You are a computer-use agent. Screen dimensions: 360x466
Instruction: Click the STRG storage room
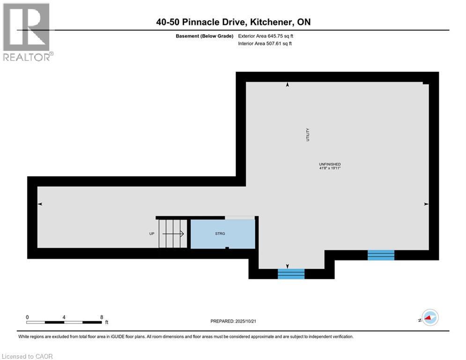click(222, 233)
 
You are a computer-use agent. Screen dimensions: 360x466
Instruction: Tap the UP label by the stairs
click(152, 233)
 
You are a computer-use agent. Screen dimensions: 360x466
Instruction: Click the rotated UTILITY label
click(308, 135)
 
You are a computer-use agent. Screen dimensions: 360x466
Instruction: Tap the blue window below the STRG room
click(291, 274)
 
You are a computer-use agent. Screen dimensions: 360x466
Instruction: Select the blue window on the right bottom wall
click(381, 255)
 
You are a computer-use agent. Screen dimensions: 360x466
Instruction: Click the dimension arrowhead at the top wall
click(288, 85)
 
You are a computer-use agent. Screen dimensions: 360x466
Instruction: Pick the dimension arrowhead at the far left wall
click(40, 204)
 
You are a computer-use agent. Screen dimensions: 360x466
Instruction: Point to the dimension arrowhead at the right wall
click(426, 204)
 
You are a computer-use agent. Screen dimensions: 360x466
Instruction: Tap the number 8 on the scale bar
click(102, 317)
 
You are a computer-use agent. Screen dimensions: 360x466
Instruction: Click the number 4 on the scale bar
click(64, 317)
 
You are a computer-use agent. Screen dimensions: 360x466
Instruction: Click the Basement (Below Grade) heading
click(203, 36)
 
